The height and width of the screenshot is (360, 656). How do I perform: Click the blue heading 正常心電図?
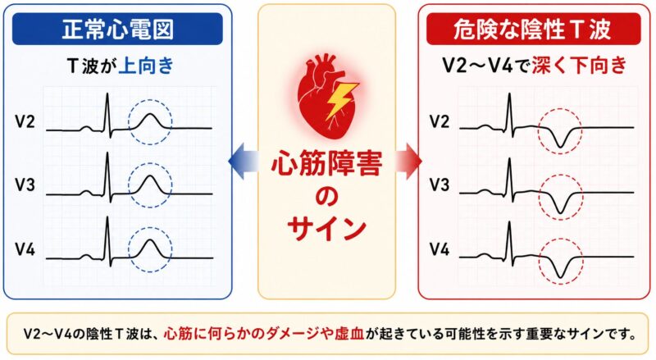point(117,29)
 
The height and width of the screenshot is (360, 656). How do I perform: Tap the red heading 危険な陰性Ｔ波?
point(532,29)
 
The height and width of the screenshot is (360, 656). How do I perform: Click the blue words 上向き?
point(146,66)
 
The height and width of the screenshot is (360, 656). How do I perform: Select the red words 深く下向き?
point(580,66)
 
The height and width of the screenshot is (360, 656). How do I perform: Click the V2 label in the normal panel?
point(25,121)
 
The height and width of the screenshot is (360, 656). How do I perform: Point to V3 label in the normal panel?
point(25,185)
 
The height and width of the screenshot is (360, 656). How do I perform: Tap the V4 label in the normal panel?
point(25,249)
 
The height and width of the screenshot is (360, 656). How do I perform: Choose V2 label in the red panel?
point(440,121)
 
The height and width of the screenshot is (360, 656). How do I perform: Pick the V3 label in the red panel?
point(440,185)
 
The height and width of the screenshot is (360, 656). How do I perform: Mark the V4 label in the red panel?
point(440,249)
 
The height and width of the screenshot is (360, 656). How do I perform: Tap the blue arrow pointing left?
point(244,161)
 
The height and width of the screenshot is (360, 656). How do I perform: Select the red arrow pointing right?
point(408,161)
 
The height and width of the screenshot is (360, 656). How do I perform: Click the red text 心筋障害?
point(326,163)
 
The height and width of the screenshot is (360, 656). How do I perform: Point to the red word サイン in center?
point(326,228)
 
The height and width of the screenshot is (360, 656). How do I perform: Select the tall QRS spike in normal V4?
point(107,242)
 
